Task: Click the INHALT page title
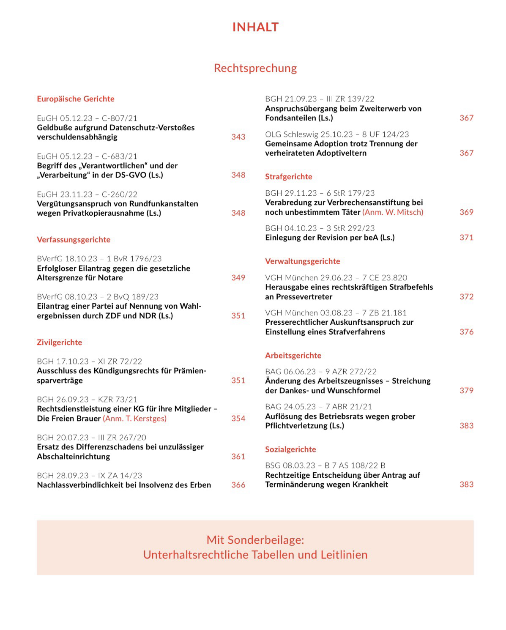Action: click(255, 27)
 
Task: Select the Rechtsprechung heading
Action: click(255, 68)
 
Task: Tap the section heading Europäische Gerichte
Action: click(76, 99)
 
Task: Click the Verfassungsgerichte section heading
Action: click(74, 240)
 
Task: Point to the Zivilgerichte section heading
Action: click(60, 342)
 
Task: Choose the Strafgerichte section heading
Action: click(289, 177)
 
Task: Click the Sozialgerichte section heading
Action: click(290, 449)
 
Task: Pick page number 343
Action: click(238, 137)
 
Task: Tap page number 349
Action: click(238, 278)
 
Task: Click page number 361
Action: click(238, 457)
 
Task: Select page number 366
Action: click(238, 485)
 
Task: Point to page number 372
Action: click(466, 297)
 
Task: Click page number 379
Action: click(466, 391)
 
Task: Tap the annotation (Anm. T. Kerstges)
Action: click(135, 419)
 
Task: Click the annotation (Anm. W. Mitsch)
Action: click(393, 212)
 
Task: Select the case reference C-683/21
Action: click(120, 156)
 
